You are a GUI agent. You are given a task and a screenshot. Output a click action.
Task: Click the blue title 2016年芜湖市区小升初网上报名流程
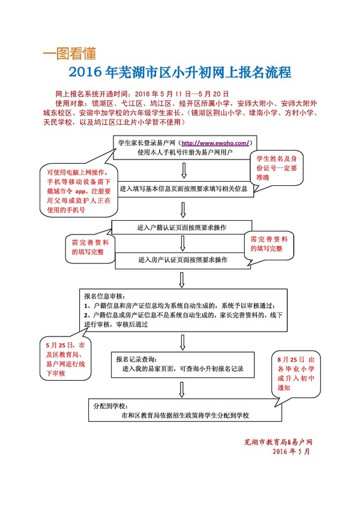pyautogui.click(x=180, y=73)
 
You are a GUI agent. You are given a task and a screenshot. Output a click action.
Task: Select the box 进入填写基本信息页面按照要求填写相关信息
pyautogui.click(x=184, y=188)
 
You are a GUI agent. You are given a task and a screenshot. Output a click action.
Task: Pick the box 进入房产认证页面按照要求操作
pyautogui.click(x=182, y=260)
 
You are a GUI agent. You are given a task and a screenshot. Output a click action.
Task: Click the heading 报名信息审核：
pyautogui.click(x=104, y=296)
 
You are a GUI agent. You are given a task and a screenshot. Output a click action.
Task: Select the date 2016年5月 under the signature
pyautogui.click(x=292, y=451)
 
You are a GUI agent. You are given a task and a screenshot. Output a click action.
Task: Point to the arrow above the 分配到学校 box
pyautogui.click(x=182, y=387)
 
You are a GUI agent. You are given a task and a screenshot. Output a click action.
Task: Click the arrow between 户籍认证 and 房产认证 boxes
pyautogui.click(x=182, y=244)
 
